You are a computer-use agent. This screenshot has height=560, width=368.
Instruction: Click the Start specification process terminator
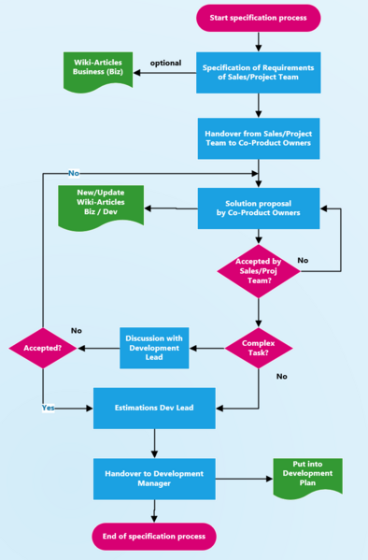(x=258, y=18)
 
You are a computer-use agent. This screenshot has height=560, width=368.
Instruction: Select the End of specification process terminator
(x=154, y=537)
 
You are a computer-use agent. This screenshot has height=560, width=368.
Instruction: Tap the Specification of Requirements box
(x=259, y=72)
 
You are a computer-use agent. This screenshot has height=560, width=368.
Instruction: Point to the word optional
(x=166, y=63)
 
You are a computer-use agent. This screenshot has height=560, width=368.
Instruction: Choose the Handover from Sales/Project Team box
(x=259, y=139)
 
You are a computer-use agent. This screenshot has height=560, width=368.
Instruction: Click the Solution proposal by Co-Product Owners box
(x=259, y=208)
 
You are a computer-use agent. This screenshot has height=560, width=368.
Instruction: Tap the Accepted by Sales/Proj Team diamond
(x=259, y=270)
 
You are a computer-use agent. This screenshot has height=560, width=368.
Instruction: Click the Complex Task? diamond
(x=259, y=349)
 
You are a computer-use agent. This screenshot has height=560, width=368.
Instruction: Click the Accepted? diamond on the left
(x=42, y=349)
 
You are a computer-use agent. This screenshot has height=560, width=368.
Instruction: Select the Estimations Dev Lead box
(x=154, y=409)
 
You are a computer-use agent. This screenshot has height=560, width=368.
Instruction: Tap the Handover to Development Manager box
(x=154, y=479)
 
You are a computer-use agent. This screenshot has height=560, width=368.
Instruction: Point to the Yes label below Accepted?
(x=48, y=408)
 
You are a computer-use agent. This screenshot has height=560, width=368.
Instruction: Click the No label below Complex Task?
(x=281, y=376)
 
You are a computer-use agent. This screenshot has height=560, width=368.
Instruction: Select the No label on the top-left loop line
(x=73, y=173)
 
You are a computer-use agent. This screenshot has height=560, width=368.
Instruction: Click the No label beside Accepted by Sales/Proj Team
(x=303, y=259)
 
